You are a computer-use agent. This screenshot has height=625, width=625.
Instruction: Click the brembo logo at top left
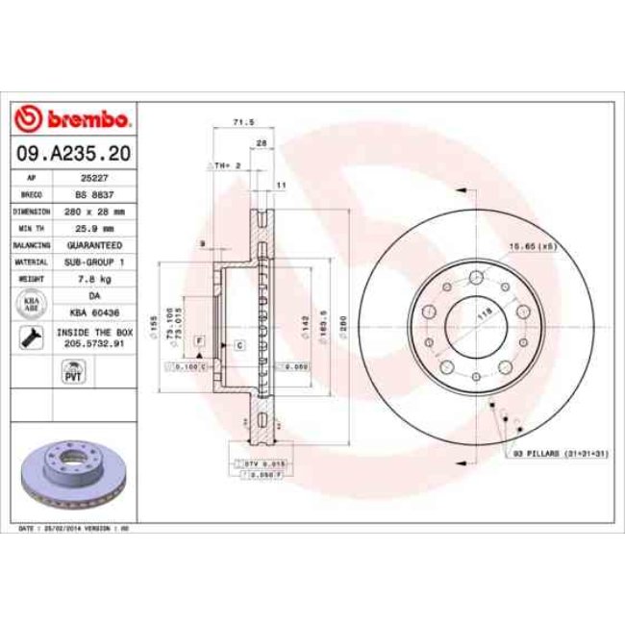tap(73, 120)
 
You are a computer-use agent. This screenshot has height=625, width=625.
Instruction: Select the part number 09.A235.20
tap(73, 153)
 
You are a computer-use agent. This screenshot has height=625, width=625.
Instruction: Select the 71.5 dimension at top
tap(243, 122)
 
